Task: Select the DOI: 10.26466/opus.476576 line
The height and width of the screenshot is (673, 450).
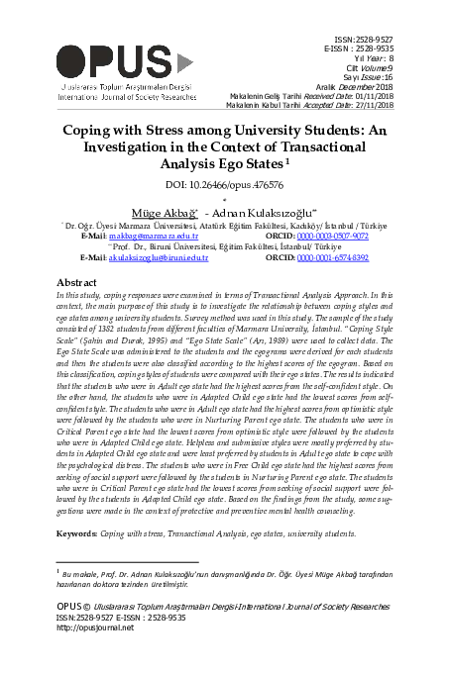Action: [224, 185]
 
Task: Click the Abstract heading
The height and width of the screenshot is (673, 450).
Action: [75, 282]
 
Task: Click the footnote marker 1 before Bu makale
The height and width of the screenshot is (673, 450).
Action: [57, 571]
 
